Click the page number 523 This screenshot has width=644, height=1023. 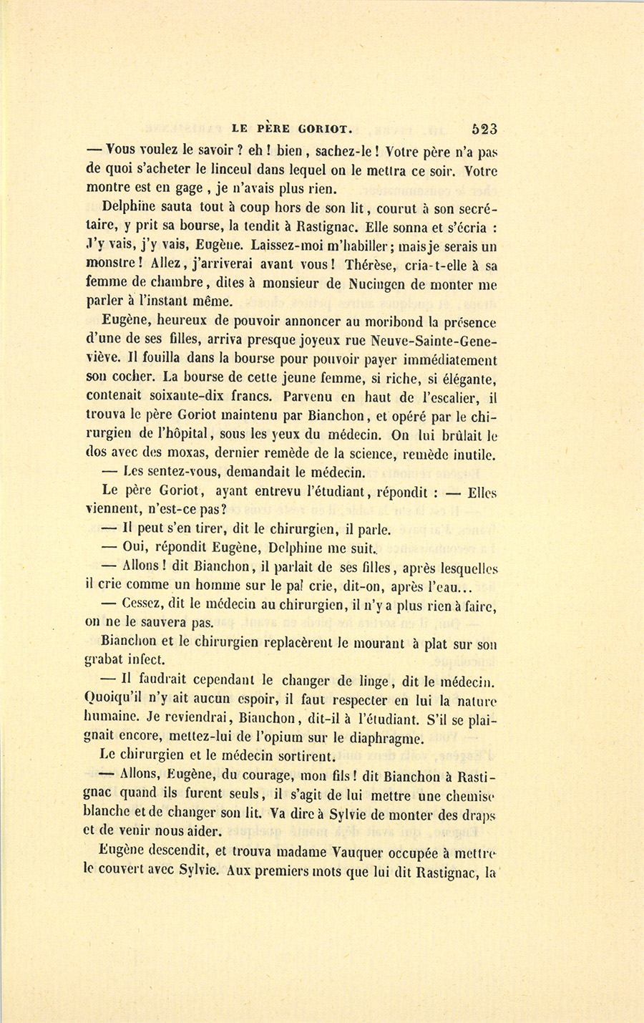(484, 130)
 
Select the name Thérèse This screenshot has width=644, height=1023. (372, 264)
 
